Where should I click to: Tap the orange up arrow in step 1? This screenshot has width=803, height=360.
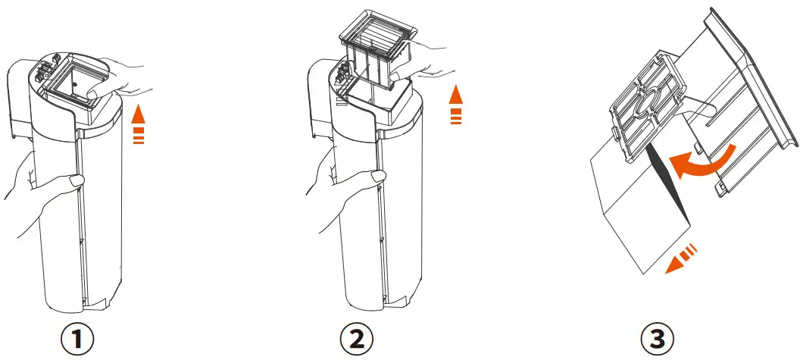138,125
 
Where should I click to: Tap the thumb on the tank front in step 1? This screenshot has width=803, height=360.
73,180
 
